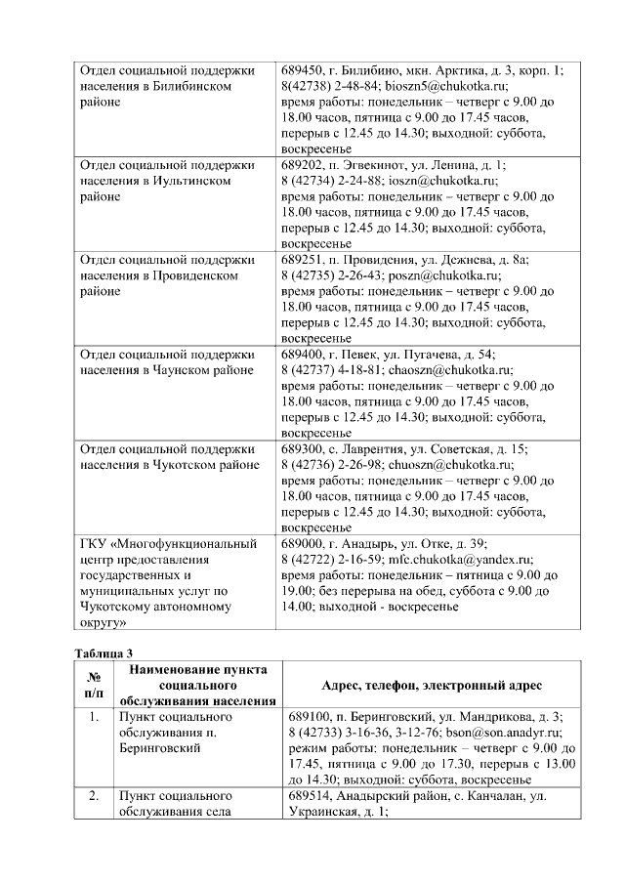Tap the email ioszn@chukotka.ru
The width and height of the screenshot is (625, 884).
click(x=442, y=180)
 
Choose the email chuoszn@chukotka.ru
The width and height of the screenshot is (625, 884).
click(x=449, y=464)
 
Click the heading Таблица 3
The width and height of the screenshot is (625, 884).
click(x=103, y=652)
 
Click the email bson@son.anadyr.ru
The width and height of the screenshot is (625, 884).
click(x=500, y=732)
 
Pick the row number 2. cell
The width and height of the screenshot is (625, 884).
click(x=94, y=797)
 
